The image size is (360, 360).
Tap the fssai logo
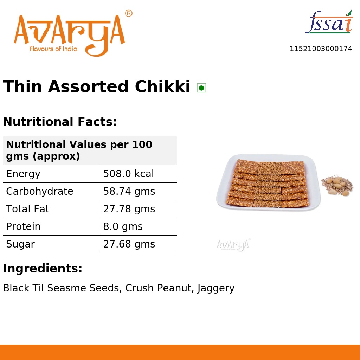point(329,23)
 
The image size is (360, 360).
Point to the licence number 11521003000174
point(321,49)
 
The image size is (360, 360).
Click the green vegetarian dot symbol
point(201,88)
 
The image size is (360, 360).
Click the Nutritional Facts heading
point(60,122)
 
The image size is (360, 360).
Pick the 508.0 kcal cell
point(128,174)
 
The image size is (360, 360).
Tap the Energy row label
point(23,174)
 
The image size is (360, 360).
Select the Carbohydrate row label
point(40,192)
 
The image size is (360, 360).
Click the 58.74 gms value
point(129,192)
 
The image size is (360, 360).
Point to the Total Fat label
point(28,209)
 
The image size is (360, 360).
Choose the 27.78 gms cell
point(129,209)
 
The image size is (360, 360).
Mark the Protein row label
point(23,227)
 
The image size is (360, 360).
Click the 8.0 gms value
point(123,227)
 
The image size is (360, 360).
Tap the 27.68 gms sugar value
point(129,244)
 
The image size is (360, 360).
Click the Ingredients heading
point(43,269)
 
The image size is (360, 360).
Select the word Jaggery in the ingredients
point(216,288)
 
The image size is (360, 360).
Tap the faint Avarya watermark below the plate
point(233,244)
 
